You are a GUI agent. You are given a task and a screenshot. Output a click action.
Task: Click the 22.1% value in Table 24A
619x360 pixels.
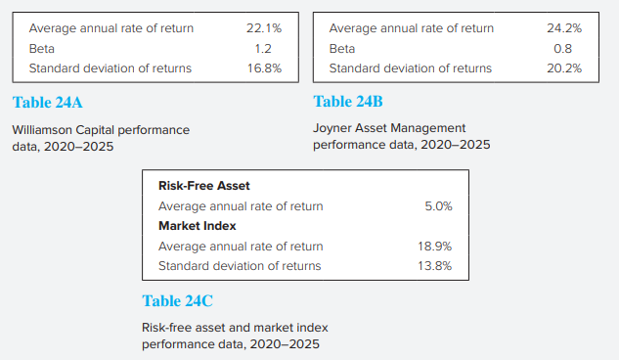pyautogui.click(x=263, y=28)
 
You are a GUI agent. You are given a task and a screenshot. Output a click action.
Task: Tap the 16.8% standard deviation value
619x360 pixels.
pyautogui.click(x=263, y=68)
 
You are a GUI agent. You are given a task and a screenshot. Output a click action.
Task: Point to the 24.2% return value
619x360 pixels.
pyautogui.click(x=564, y=28)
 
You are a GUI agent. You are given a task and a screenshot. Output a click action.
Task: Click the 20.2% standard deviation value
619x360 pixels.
pyautogui.click(x=564, y=68)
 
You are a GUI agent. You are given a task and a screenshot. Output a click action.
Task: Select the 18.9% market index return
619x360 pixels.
pyautogui.click(x=435, y=246)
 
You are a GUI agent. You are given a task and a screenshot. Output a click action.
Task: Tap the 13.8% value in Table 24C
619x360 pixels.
pyautogui.click(x=435, y=265)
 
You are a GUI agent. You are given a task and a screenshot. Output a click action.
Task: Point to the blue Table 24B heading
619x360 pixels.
pyautogui.click(x=348, y=101)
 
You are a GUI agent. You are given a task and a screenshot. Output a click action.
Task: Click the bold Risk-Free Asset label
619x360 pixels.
pyautogui.click(x=204, y=185)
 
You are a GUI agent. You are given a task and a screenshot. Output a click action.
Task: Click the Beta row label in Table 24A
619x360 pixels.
pyautogui.click(x=42, y=48)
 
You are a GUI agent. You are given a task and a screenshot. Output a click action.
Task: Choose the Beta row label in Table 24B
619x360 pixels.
pyautogui.click(x=342, y=48)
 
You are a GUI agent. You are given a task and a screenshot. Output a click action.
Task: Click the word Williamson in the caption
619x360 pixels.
pyautogui.click(x=45, y=129)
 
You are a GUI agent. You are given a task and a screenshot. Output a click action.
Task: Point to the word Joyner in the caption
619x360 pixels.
pyautogui.click(x=333, y=127)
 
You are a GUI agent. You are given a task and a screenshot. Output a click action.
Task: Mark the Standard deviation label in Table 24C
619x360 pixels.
pyautogui.click(x=240, y=265)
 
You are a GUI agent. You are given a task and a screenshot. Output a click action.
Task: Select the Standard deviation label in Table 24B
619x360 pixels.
pyautogui.click(x=411, y=68)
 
